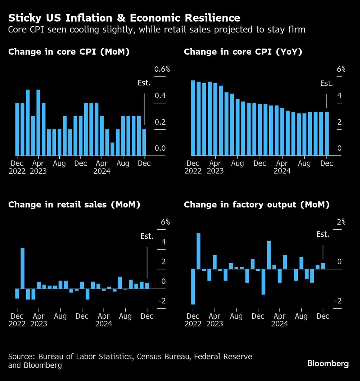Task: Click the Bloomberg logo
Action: coord(328,363)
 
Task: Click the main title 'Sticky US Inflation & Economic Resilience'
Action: coord(124,18)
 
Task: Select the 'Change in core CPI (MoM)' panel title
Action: coord(69,52)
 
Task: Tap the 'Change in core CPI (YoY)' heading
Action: coord(243,52)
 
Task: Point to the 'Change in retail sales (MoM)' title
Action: coord(74,205)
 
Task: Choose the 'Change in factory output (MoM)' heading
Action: coord(257,205)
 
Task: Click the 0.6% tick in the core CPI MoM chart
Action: coord(162,70)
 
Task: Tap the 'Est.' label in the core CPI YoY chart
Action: coord(327,84)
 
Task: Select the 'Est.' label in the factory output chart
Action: coord(323,234)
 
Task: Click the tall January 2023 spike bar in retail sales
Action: coord(22,268)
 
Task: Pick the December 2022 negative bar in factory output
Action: coord(193,287)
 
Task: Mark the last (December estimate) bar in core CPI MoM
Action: coord(144,142)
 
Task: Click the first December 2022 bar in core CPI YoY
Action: coord(193,118)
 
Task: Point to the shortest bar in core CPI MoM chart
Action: coord(112,149)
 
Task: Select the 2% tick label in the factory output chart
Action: coord(340,222)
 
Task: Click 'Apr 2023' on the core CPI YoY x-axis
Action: coord(215,167)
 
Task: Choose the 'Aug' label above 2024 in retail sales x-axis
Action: coord(125,316)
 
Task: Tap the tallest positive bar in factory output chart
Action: coord(198,251)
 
